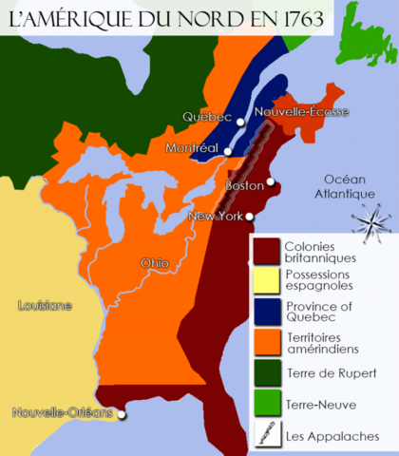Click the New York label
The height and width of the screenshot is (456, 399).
coord(214,216)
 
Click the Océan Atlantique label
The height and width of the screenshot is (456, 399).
coord(350,186)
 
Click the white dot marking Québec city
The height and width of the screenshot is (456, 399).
coord(241,123)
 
